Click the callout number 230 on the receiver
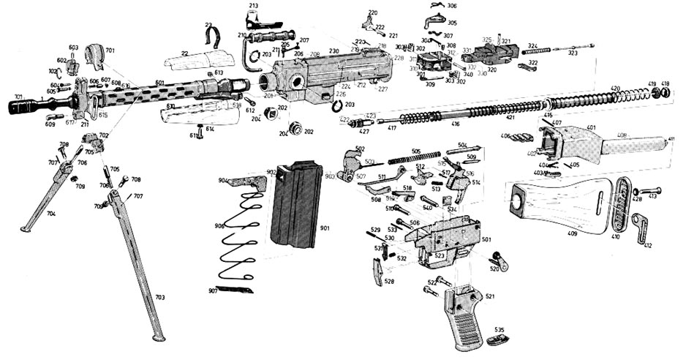pos(333,51)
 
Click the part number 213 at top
pos(253,6)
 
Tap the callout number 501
pos(486,240)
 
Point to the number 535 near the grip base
pos(500,330)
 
